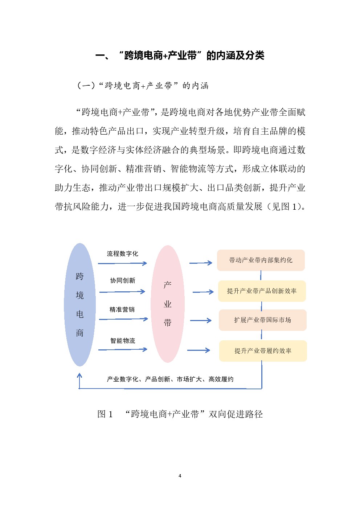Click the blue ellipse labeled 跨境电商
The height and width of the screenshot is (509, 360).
click(80, 304)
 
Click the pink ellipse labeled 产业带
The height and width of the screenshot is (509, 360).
click(168, 304)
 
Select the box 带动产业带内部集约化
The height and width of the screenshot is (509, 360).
click(261, 260)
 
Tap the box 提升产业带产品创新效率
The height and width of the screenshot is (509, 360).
click(262, 291)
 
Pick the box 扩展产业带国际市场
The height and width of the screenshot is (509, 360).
click(262, 320)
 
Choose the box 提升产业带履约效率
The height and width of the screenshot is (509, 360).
click(263, 351)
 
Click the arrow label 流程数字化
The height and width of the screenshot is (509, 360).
click(123, 254)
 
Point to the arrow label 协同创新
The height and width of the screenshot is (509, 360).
click(123, 281)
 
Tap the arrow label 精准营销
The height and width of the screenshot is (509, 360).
click(122, 309)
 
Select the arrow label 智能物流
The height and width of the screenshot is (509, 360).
click(123, 341)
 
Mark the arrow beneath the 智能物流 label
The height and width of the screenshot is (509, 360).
click(123, 350)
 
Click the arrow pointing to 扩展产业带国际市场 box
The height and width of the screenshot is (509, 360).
click(201, 321)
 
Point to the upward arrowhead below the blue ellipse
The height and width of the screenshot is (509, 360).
click(79, 375)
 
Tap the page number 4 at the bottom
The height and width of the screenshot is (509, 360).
click(180, 476)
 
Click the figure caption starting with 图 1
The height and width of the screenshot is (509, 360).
click(180, 414)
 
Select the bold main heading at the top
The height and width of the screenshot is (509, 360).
click(180, 56)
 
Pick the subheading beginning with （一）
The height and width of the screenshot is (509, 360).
click(143, 86)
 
